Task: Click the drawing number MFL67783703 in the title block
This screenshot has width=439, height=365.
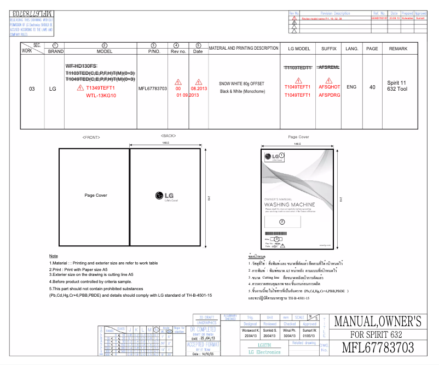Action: click(378, 348)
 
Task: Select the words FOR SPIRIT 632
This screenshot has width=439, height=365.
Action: click(377, 334)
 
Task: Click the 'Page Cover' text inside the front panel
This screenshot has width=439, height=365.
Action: click(95, 195)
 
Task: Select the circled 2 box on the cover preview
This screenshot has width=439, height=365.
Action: click(282, 221)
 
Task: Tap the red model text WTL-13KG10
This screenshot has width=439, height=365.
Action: click(101, 96)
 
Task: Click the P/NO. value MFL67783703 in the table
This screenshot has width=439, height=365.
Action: click(153, 88)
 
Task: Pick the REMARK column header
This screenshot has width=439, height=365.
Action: click(398, 49)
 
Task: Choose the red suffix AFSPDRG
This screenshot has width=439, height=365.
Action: click(329, 95)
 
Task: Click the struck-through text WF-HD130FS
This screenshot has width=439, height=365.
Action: click(81, 66)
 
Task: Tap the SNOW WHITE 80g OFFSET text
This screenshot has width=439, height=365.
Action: click(241, 84)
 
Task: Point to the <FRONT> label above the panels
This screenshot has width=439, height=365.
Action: click(90, 137)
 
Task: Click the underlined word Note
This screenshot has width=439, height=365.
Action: click(53, 256)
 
